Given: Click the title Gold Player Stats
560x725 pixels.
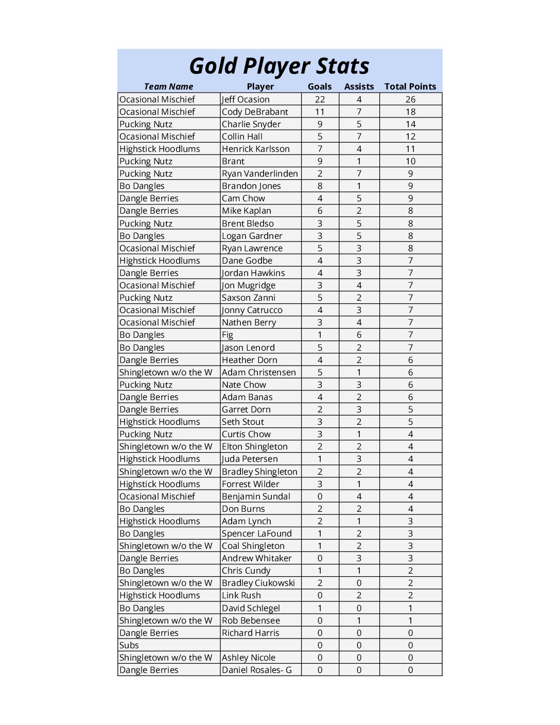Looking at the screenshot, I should pos(279,66).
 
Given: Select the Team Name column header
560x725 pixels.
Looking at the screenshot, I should pos(168,87).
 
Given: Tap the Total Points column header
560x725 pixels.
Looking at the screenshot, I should pos(410,87).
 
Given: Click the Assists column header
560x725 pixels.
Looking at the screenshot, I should pos(359,87).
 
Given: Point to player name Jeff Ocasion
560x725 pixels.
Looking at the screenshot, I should pos(246,99).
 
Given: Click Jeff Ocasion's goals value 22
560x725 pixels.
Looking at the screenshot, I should pos(320,99).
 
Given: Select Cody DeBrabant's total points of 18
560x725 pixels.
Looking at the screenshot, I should pos(410,112).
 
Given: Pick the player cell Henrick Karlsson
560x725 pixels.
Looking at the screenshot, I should pos(255,149).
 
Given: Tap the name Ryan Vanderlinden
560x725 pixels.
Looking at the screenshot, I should pos(259,174).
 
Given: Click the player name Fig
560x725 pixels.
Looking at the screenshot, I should pos(227,335).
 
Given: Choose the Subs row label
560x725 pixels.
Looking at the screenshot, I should pos(129,645).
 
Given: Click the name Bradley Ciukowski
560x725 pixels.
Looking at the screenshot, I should pos(258,583).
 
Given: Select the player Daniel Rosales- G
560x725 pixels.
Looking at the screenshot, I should pos(256,670).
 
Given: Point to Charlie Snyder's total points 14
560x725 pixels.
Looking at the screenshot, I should pos(410,124).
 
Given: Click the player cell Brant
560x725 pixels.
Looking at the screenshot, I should pos(233,161).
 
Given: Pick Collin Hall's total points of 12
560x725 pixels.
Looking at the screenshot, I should pos(410,136).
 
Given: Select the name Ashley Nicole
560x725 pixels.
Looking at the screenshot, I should pos(248,658).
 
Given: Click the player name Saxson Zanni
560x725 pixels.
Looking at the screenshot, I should pos(248,298).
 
